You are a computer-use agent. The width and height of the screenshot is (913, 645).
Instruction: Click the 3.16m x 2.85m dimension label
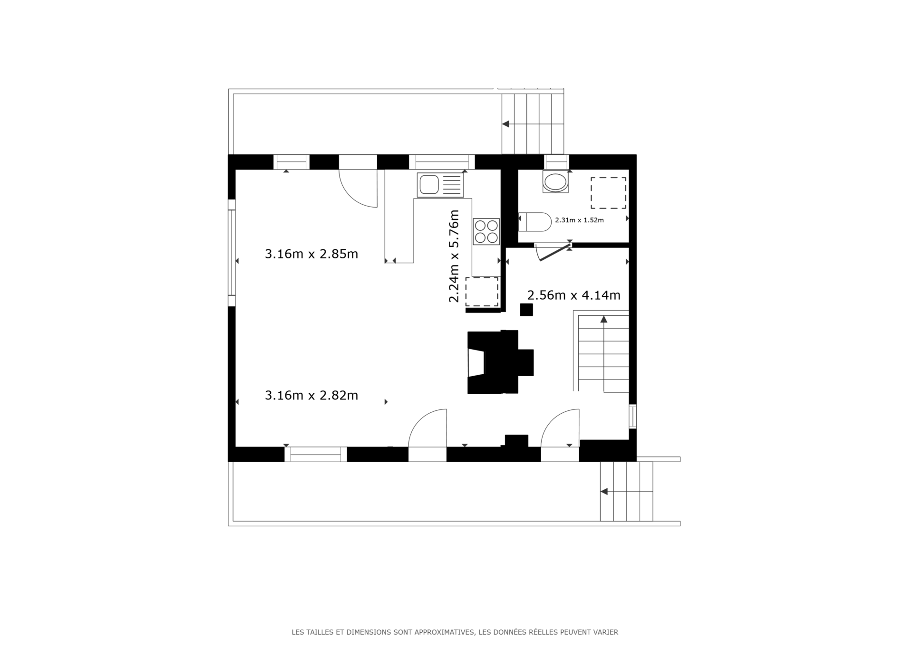tap(311, 254)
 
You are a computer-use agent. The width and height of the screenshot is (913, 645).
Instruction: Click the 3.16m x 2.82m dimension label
tap(311, 395)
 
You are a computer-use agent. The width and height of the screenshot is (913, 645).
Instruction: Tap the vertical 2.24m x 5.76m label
tap(454, 256)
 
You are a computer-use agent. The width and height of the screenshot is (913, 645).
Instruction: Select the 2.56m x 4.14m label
tap(573, 295)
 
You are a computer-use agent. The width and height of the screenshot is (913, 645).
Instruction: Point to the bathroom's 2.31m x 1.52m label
tap(579, 220)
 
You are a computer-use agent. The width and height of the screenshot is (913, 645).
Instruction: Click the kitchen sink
tap(440, 185)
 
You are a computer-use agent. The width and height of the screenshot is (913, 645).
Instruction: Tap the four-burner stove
tap(486, 231)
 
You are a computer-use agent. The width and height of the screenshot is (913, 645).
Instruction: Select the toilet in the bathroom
tap(535, 222)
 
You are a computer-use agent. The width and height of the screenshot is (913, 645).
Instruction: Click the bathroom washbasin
tap(555, 182)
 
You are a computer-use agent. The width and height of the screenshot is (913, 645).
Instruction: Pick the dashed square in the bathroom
tap(608, 193)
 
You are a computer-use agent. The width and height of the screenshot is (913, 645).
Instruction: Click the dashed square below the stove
tap(482, 292)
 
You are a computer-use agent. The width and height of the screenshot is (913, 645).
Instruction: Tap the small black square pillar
tap(526, 310)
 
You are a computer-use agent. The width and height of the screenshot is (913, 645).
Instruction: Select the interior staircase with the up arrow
tap(603, 354)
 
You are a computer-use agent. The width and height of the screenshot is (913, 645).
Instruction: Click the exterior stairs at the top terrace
tap(533, 123)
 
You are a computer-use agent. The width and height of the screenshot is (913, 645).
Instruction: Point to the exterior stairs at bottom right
tap(626, 491)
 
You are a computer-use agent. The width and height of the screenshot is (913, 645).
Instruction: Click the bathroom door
tap(553, 252)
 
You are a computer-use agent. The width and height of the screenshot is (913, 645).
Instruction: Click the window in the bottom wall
tap(316, 455)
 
